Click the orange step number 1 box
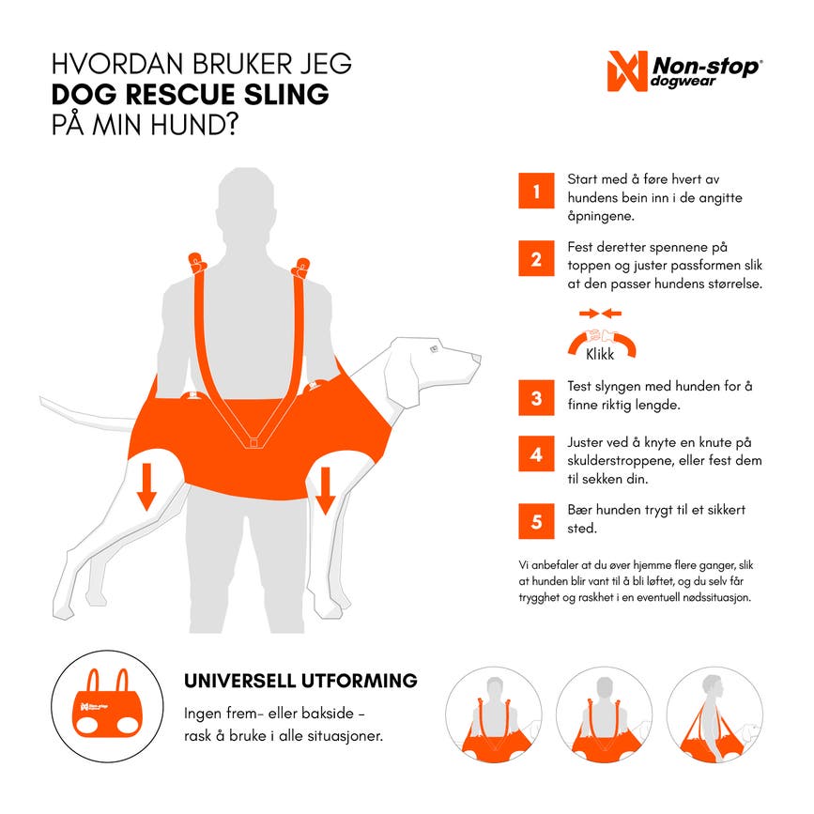(536, 191)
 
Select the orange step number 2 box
(536, 258)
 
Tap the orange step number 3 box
(536, 398)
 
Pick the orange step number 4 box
(536, 453)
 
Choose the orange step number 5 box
(536, 521)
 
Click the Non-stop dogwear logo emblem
(627, 71)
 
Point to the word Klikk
(600, 354)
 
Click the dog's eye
(434, 349)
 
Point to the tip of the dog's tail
(41, 399)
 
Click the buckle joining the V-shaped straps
(253, 443)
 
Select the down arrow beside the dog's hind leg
(146, 487)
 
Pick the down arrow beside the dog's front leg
(326, 490)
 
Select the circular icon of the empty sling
(107, 706)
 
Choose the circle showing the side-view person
(714, 714)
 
